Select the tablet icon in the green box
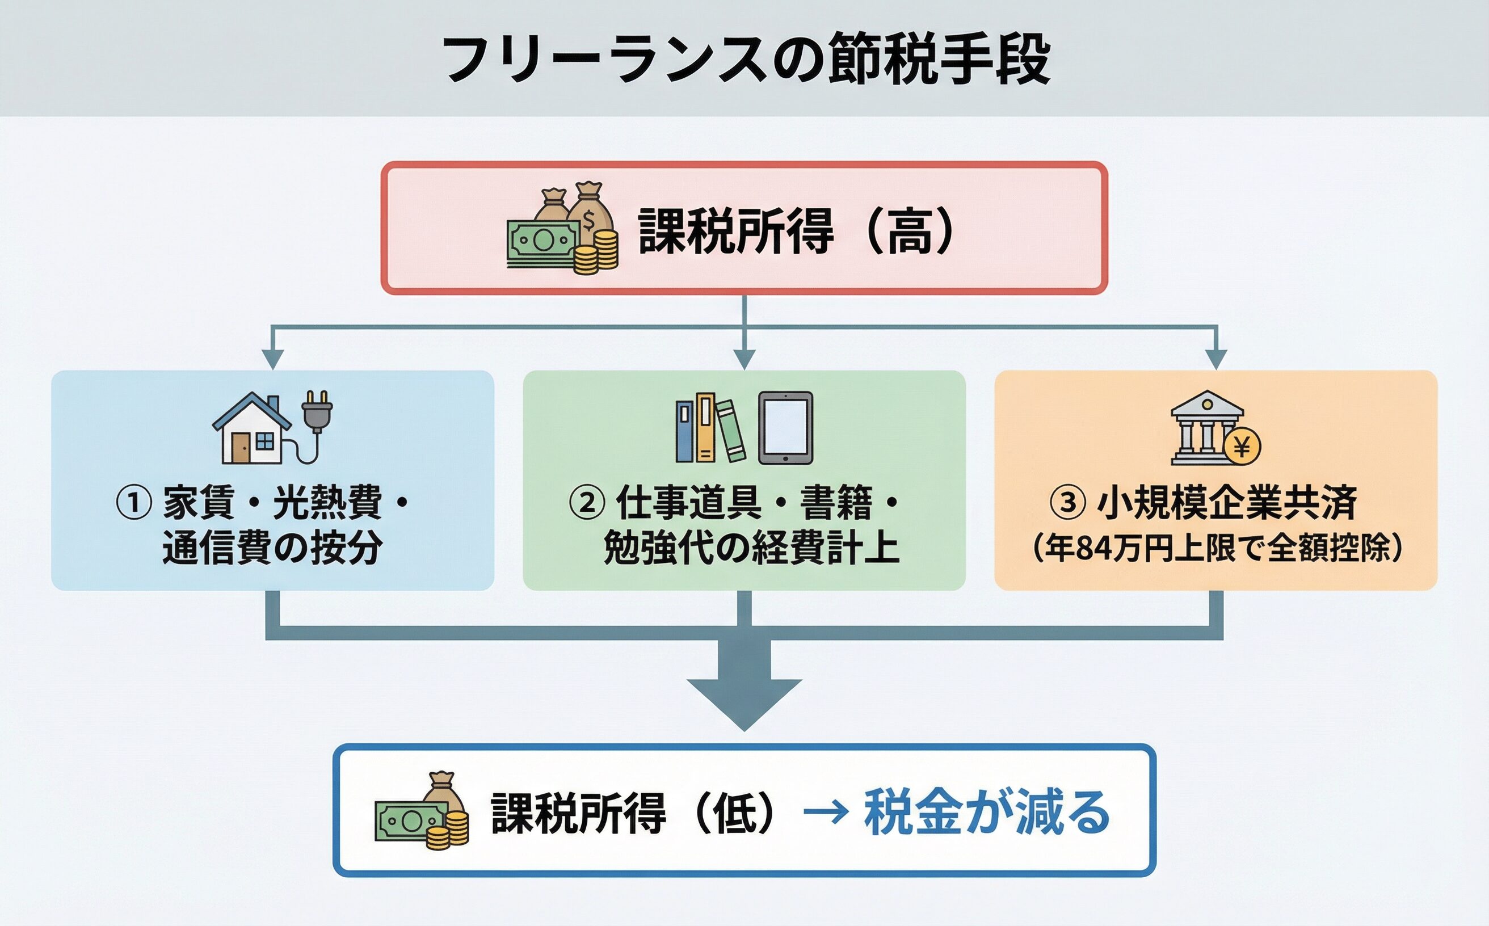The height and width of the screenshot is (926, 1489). tap(785, 427)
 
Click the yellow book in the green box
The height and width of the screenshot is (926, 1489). tap(705, 427)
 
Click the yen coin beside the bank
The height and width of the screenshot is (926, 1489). tap(1242, 447)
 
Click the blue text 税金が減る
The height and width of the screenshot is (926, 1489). tap(986, 813)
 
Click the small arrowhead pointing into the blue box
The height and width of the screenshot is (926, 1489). tap(272, 359)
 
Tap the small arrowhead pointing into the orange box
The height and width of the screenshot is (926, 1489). tap(1216, 359)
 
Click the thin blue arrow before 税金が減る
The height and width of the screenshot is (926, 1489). tap(826, 813)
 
